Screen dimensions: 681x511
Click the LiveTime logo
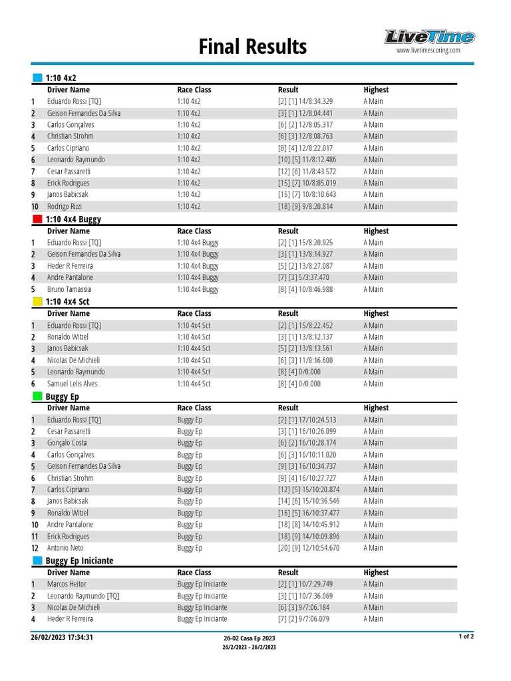tap(429, 37)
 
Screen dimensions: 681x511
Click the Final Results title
tap(253, 47)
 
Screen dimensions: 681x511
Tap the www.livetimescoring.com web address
tap(428, 51)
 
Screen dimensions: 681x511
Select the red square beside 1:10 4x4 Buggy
tap(37, 219)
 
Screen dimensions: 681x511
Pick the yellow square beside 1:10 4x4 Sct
tap(37, 301)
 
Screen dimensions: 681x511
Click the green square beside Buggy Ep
tap(37, 396)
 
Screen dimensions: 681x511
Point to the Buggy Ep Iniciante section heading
tap(79, 561)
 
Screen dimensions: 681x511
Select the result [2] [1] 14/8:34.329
tap(305, 101)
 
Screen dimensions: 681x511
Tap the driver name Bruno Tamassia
tap(69, 289)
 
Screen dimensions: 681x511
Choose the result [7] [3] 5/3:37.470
tap(303, 277)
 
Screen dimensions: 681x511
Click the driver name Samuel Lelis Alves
tap(72, 384)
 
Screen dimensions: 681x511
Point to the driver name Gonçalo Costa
tap(67, 443)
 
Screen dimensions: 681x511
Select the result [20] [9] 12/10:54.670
tap(309, 548)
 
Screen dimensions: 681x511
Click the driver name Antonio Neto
tap(65, 548)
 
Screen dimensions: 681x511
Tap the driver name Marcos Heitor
tap(67, 584)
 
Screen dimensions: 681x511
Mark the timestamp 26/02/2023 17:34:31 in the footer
tap(62, 637)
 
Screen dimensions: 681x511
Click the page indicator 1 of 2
tap(466, 636)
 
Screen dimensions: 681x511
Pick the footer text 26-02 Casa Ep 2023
tap(249, 638)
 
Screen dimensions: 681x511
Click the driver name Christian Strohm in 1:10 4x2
tap(70, 136)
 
